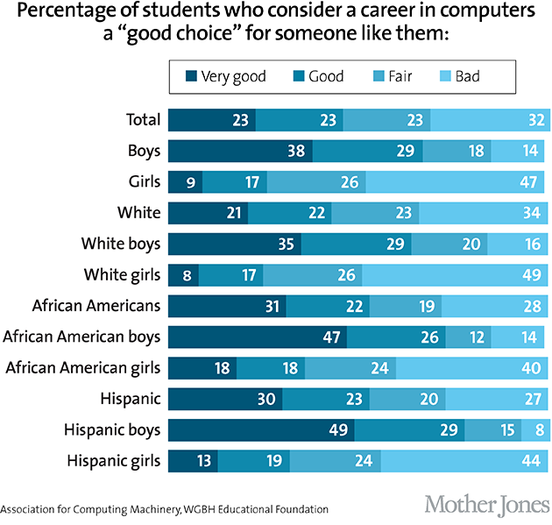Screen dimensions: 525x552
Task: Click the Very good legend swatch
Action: [191, 77]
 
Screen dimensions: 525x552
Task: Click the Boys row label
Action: [144, 150]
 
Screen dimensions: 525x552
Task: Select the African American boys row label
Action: [82, 337]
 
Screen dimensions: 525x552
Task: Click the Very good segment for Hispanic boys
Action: [261, 430]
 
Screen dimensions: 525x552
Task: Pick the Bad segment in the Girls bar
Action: [456, 181]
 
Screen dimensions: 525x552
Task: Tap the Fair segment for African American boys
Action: [468, 337]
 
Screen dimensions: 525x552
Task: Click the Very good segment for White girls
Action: [183, 274]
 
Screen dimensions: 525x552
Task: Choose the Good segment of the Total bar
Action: [299, 119]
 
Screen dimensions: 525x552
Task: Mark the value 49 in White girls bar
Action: [530, 275]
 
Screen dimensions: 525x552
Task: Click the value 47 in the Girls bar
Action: [530, 181]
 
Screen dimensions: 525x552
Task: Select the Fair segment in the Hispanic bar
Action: [429, 399]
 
